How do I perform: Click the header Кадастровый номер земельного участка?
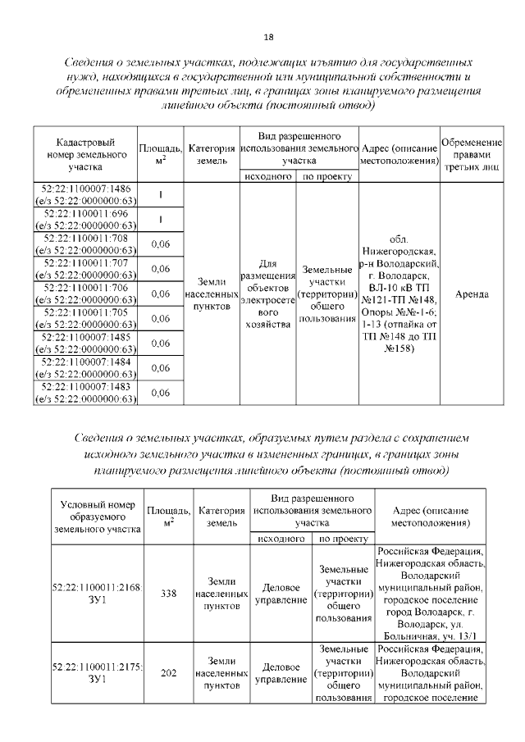click(85, 154)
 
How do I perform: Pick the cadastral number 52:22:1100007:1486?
click(85, 194)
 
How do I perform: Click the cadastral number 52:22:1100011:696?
click(85, 219)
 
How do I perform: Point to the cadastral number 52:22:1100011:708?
click(85, 244)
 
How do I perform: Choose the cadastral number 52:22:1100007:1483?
click(85, 392)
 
